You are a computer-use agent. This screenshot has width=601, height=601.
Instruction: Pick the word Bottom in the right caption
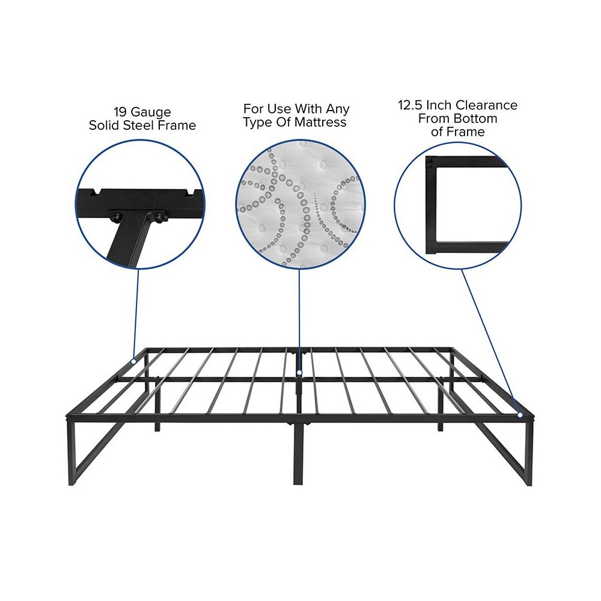(x=475, y=119)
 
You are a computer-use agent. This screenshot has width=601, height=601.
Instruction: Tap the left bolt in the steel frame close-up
(x=116, y=215)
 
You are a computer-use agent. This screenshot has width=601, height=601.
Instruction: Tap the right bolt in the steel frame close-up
(x=159, y=216)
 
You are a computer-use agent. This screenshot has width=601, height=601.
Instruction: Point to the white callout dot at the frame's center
(x=299, y=373)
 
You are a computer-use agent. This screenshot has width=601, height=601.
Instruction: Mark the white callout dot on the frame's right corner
(x=520, y=414)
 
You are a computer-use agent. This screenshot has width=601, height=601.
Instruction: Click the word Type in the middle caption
(x=255, y=123)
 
